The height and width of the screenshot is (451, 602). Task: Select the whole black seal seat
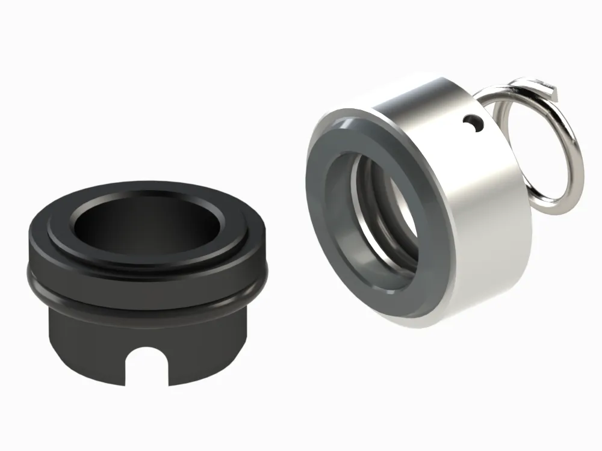[x=144, y=283]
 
